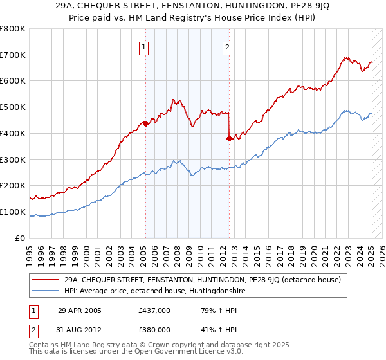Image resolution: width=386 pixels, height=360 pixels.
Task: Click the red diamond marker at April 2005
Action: tap(145, 123)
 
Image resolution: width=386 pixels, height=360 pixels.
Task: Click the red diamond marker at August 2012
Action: tap(229, 138)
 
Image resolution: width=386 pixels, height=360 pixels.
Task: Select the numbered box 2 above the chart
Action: tap(228, 46)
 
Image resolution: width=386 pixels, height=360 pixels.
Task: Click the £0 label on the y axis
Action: tap(21, 238)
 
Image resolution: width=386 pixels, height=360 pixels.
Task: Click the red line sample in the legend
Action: tap(46, 280)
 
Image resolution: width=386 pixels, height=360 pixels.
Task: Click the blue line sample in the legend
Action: tap(46, 291)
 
